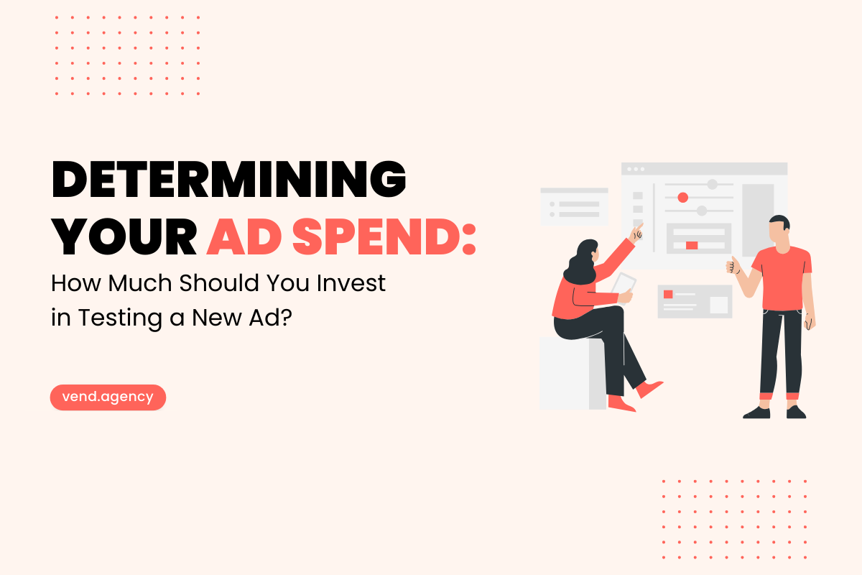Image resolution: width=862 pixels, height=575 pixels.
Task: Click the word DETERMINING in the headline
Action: coord(228,179)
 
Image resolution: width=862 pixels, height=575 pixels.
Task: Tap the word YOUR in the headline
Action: coord(124,236)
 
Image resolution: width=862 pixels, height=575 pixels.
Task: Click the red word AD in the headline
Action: coord(244,236)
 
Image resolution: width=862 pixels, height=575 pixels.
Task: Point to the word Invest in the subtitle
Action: coord(351,283)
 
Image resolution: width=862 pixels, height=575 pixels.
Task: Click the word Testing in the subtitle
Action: coord(120,318)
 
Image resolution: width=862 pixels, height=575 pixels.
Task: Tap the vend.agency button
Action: coord(108,397)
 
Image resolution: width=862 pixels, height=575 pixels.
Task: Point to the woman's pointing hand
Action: coord(636,233)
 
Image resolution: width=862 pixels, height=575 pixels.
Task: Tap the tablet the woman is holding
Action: coord(624,286)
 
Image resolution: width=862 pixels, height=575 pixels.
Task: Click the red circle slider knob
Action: coord(683,198)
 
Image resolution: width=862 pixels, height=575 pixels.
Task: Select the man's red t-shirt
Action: coord(783,278)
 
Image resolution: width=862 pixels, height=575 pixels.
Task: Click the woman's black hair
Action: coord(580,262)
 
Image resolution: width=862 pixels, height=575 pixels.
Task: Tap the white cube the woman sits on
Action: coord(573,373)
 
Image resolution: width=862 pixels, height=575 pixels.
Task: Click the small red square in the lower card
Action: coord(668,294)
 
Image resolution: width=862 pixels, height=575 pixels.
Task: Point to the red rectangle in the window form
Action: coord(692,245)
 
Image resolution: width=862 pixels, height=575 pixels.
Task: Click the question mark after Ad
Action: coord(287,318)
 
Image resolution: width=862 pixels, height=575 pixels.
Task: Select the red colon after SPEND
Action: coord(468,239)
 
